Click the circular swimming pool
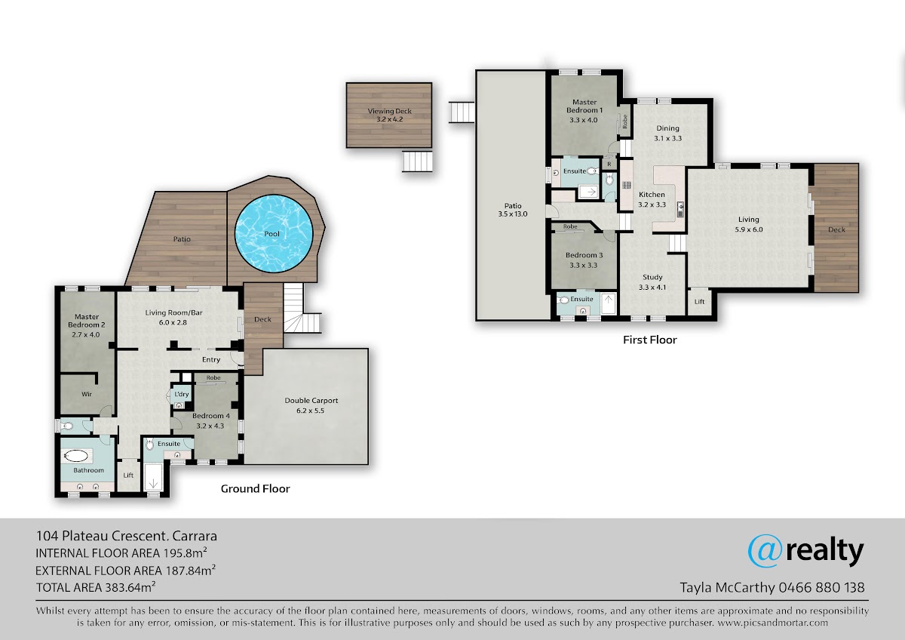[274, 234]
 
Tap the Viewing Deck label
[389, 115]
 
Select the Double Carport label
[311, 405]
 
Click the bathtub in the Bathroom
[76, 456]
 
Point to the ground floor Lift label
[128, 475]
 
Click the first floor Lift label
[699, 302]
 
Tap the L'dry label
[182, 394]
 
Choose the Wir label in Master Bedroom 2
[87, 394]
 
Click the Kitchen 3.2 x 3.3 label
[652, 199]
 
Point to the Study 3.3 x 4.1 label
[652, 282]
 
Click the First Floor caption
[649, 340]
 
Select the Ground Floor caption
[256, 488]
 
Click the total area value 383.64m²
[130, 587]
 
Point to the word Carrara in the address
[195, 536]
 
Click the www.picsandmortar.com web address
[772, 623]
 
